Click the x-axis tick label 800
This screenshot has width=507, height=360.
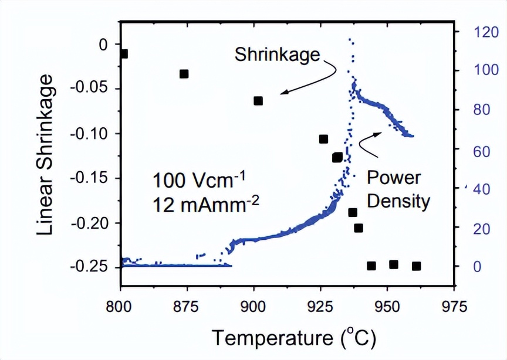point(120,306)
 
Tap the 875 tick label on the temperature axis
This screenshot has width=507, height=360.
point(187,306)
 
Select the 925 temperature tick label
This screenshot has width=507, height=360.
point(320,306)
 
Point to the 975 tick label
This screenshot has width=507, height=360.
point(454,306)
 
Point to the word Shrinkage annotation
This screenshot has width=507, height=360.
point(278,56)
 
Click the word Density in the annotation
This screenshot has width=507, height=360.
point(398,202)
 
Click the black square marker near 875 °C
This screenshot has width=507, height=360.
point(184,74)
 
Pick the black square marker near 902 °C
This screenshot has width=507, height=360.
point(258,101)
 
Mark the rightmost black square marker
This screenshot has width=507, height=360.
point(417,266)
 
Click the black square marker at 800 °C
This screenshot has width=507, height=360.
point(123,54)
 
